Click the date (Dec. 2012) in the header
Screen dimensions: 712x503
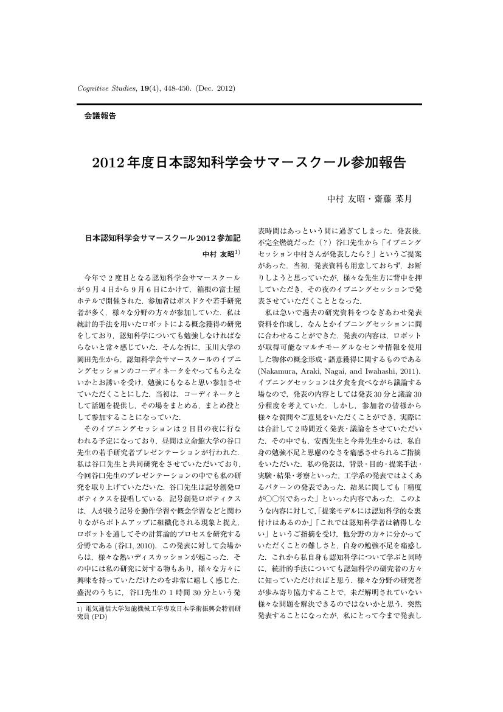(215, 89)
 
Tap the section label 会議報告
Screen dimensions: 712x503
(100, 115)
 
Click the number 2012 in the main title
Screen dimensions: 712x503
(108, 162)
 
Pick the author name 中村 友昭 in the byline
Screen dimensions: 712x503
(344, 198)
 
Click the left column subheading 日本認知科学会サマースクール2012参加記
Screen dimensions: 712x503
(162, 238)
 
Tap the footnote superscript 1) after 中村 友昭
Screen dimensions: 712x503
(237, 252)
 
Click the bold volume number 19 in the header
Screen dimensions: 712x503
(145, 89)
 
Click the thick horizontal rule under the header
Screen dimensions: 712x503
(249, 104)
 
